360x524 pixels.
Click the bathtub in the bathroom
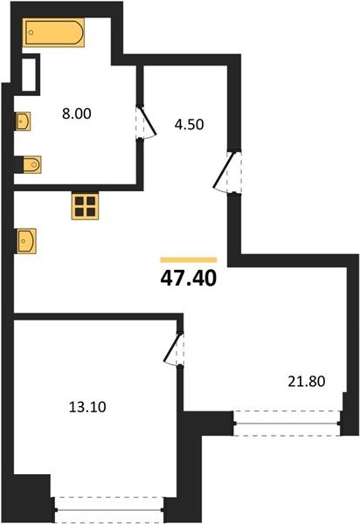tap(53, 32)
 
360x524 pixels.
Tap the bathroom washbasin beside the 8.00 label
tap(23, 121)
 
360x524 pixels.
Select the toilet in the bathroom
tap(32, 164)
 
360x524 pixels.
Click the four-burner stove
tap(85, 206)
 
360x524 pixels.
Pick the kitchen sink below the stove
tap(25, 241)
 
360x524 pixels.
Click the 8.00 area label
tap(77, 114)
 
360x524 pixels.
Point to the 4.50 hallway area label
tap(189, 125)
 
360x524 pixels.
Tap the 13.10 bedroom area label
tap(87, 407)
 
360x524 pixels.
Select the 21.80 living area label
tap(306, 382)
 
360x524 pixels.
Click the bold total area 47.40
tap(189, 279)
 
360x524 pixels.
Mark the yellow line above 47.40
tap(189, 259)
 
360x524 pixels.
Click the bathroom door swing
tap(147, 121)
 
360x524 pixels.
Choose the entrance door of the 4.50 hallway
tap(227, 173)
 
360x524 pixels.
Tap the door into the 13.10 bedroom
tap(174, 348)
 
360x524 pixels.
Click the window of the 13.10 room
tap(109, 510)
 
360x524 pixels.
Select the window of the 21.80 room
tap(287, 424)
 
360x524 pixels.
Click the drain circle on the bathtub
tap(31, 32)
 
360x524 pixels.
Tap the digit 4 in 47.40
tap(167, 279)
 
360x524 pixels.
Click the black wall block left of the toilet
tap(18, 165)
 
